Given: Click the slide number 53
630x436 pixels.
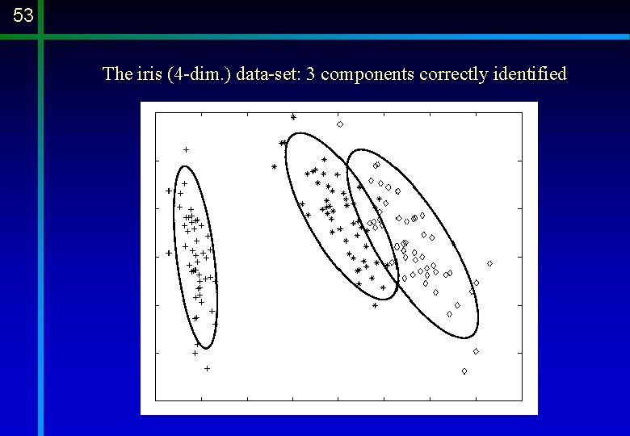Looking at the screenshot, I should pyautogui.click(x=23, y=15).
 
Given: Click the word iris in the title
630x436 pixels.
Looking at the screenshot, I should pyautogui.click(x=145, y=74).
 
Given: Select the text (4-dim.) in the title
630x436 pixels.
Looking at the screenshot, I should pyautogui.click(x=197, y=74).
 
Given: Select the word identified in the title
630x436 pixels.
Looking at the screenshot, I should pyautogui.click(x=529, y=74).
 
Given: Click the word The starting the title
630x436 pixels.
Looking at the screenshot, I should pyautogui.click(x=116, y=74).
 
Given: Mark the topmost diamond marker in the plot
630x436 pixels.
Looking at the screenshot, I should pyautogui.click(x=340, y=124).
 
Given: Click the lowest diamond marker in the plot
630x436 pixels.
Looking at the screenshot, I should pyautogui.click(x=464, y=371).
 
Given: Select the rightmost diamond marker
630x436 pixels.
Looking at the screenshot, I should pyautogui.click(x=489, y=263).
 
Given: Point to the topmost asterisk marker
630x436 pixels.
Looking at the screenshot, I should pyautogui.click(x=293, y=117).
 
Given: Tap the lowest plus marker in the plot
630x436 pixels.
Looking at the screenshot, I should pyautogui.click(x=207, y=368).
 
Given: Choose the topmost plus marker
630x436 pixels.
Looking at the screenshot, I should pyautogui.click(x=186, y=149).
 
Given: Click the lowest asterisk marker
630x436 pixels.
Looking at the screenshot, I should pyautogui.click(x=375, y=305).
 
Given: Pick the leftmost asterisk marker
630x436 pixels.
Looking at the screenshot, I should pyautogui.click(x=274, y=167).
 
